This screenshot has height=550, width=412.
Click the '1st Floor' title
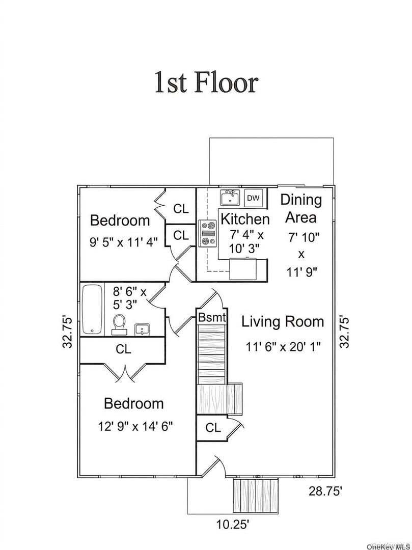point(206,83)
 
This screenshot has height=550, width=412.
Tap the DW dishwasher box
point(253,198)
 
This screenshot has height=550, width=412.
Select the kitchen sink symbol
point(230,198)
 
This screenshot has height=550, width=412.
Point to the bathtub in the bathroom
point(92,310)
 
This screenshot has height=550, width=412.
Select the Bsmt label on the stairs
point(212,317)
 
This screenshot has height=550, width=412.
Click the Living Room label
point(283,322)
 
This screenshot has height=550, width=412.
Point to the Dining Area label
point(301,208)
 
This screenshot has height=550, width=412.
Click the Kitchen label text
point(245,219)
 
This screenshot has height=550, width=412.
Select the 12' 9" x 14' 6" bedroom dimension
point(135,427)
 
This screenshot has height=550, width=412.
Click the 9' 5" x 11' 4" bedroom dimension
point(124,242)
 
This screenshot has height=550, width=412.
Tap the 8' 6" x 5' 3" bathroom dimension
point(129,298)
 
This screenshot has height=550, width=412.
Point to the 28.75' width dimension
point(325,491)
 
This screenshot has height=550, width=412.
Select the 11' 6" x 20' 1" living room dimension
point(283,347)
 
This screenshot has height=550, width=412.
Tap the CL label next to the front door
point(213,428)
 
